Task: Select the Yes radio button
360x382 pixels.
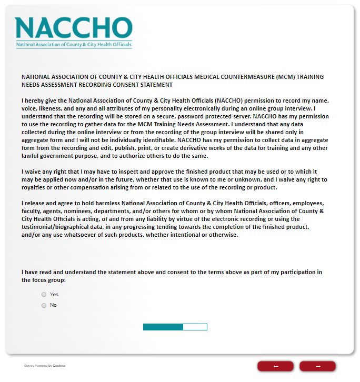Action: [x=44, y=295]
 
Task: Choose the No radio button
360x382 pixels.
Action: [x=44, y=305]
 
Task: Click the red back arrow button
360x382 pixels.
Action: [x=275, y=366]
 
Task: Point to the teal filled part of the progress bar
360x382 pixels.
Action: [x=163, y=327]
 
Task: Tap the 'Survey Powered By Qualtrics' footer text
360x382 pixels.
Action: [x=45, y=366]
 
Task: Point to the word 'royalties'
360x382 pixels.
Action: [x=35, y=188]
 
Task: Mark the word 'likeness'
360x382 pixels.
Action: [x=52, y=108]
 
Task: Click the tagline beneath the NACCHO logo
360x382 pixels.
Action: [x=74, y=45]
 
